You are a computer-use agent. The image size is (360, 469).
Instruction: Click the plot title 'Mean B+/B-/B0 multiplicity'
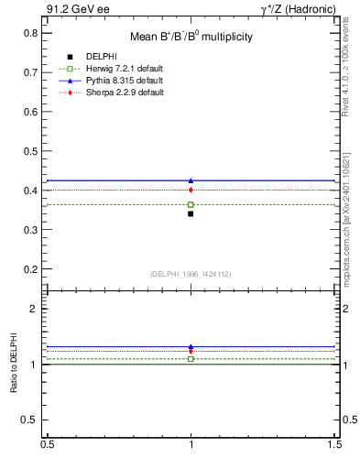pos(191,38)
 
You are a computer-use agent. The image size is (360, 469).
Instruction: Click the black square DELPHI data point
pos(191,213)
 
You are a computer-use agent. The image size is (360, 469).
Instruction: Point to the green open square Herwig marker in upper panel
pos(191,204)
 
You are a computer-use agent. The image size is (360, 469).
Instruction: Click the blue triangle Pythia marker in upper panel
pos(191,180)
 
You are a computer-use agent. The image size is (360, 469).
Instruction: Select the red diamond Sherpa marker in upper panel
pos(191,190)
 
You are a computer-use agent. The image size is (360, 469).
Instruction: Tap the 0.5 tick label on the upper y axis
pos(31,151)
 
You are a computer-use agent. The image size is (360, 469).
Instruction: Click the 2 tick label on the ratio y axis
pos(35,309)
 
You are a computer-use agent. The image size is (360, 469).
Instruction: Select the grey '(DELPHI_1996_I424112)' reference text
pos(191,274)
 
